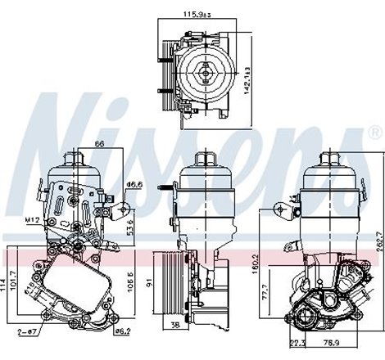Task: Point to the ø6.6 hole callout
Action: [136, 185]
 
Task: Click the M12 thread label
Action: [33, 218]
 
